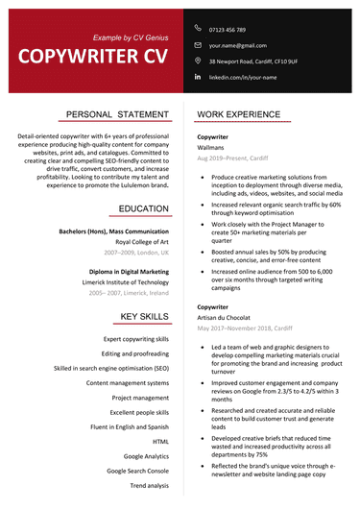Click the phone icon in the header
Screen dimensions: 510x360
[x=198, y=28]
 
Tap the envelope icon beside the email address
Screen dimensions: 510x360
[x=198, y=44]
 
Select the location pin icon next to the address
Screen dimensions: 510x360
[x=198, y=60]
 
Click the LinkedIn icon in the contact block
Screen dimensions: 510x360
[x=198, y=76]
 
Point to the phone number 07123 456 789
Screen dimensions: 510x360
[x=228, y=29]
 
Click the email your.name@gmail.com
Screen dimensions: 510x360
[x=237, y=45]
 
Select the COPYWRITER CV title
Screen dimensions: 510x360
[x=91, y=56]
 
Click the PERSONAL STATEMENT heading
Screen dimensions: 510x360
[x=117, y=114]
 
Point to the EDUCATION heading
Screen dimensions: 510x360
[x=144, y=208]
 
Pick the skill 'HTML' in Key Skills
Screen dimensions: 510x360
[x=160, y=414]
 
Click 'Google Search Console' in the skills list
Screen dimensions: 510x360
[x=137, y=471]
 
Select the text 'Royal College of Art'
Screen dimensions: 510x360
[x=142, y=242]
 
